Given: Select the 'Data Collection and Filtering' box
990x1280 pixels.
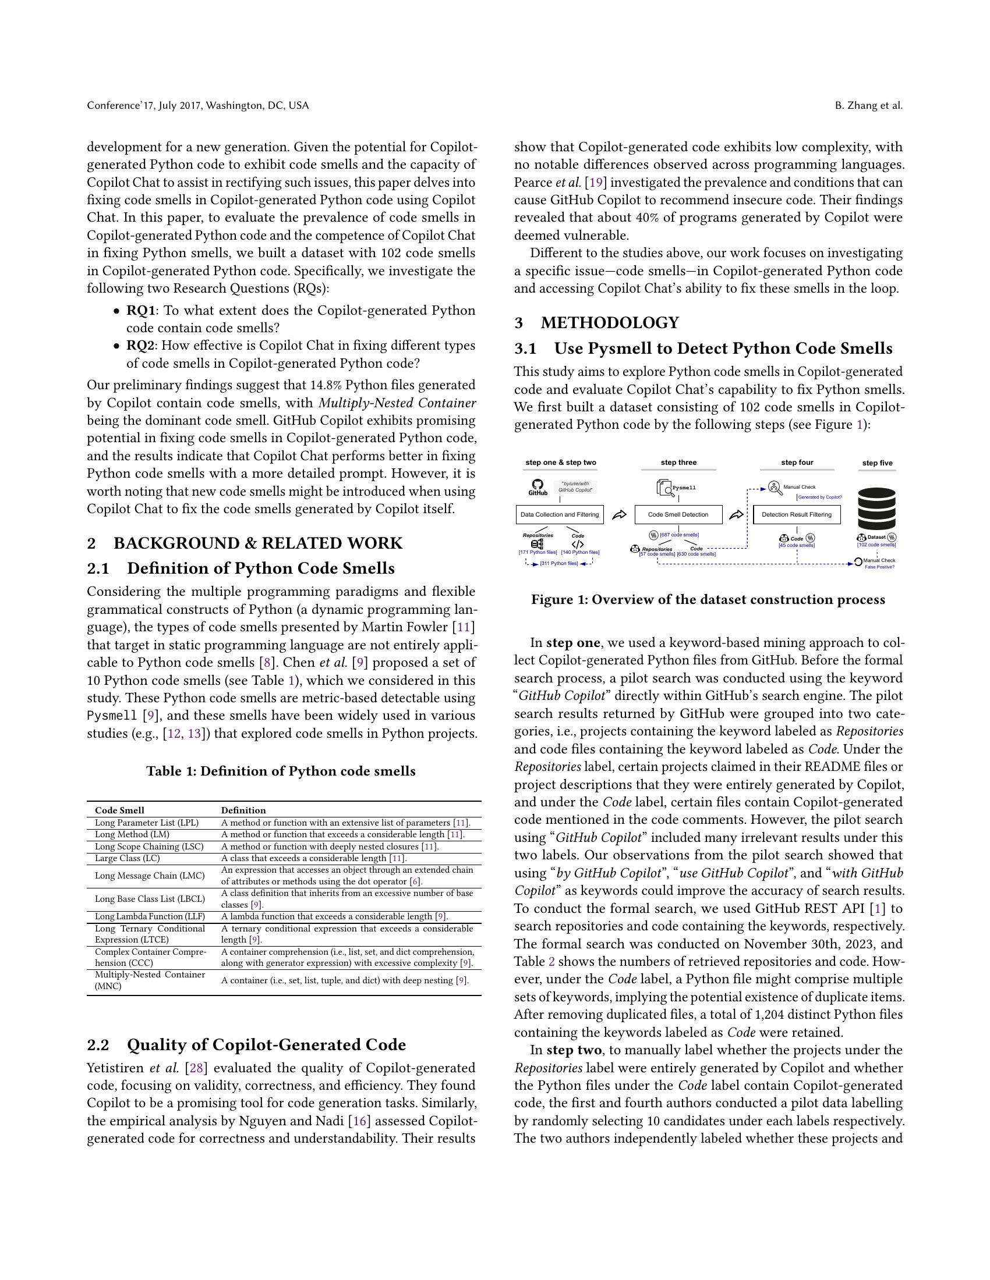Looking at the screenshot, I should click(560, 514).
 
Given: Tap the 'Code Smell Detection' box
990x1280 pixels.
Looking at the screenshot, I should click(678, 514).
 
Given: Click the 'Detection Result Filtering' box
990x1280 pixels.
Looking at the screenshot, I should click(797, 514).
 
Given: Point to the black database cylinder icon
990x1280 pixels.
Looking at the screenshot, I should click(877, 508).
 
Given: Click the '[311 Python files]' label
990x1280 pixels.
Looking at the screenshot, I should click(559, 564).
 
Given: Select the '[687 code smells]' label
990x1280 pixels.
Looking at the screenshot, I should click(679, 535).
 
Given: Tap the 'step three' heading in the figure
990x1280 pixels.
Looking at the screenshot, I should click(678, 463).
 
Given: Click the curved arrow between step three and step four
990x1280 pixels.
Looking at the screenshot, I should click(737, 514).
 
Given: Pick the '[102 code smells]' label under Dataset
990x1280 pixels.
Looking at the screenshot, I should click(876, 545).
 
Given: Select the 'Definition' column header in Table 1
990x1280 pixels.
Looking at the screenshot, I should click(243, 810).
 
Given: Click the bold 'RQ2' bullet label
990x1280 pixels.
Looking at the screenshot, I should click(140, 346).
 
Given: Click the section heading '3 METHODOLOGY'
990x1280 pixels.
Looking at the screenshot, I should click(596, 323).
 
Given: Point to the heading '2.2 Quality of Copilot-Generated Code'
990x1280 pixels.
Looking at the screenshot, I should click(246, 1045).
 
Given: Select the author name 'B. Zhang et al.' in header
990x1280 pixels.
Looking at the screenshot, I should click(869, 105).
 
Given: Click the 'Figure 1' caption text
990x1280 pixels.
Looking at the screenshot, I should click(708, 599).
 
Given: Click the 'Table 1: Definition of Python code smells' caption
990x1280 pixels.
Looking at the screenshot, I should click(280, 771).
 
